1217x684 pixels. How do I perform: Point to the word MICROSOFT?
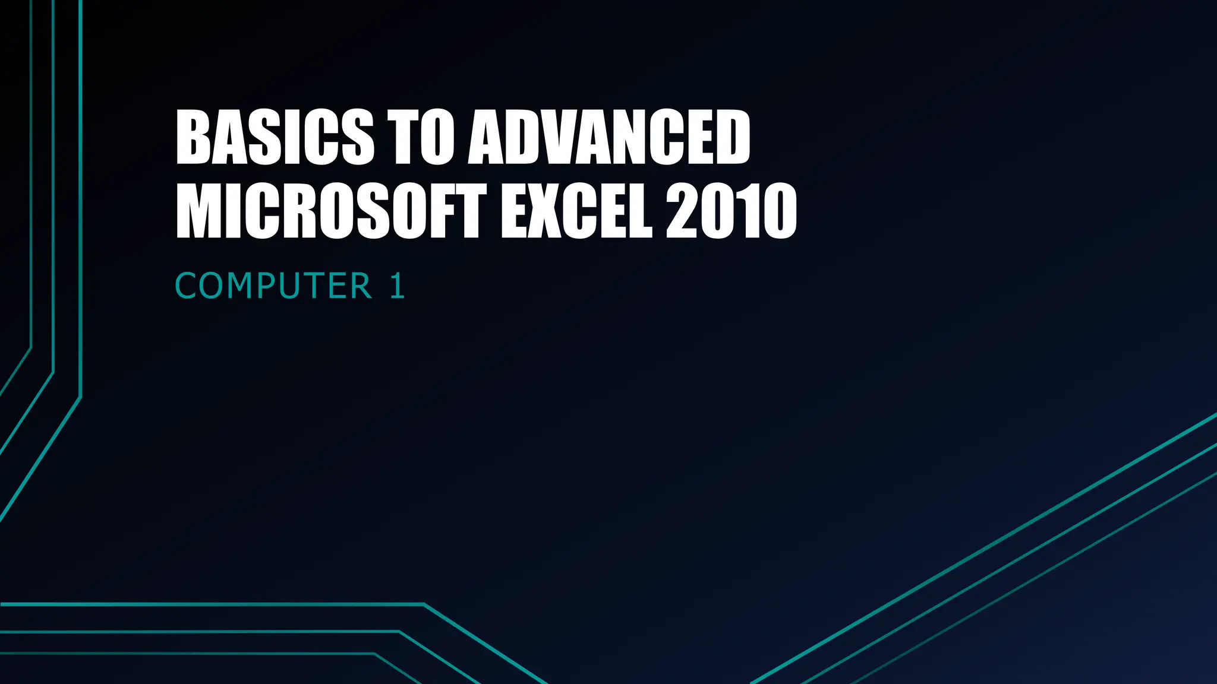pos(330,212)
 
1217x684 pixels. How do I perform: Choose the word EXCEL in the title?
pos(576,212)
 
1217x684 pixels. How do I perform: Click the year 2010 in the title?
pos(731,212)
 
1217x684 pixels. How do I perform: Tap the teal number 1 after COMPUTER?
pos(398,286)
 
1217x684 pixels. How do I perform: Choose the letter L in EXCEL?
pos(640,212)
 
